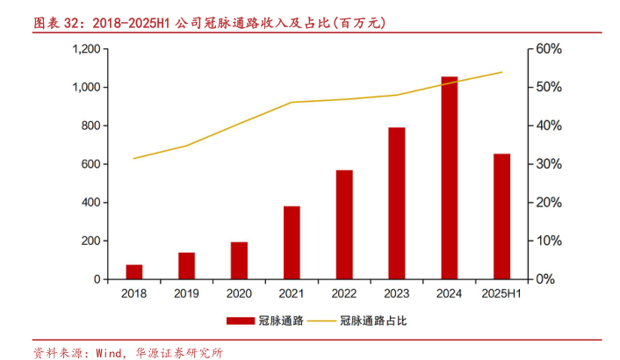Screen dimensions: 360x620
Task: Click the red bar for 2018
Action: pos(134,271)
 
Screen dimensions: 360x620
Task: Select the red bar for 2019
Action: pos(186,265)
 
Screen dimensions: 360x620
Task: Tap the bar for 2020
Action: pos(239,260)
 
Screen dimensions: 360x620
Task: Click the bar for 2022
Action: pos(344,224)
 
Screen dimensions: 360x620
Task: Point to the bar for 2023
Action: pos(397,203)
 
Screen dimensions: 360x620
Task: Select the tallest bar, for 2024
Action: pos(450,177)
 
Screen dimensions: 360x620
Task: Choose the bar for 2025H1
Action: pos(501,216)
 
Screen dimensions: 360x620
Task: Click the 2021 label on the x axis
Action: pos(292,294)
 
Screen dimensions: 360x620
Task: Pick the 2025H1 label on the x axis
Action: pos(501,294)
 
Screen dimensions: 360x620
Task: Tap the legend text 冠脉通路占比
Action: pos(374,321)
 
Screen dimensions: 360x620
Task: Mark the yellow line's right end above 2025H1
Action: pos(501,72)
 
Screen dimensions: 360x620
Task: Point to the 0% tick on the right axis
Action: pos(545,279)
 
